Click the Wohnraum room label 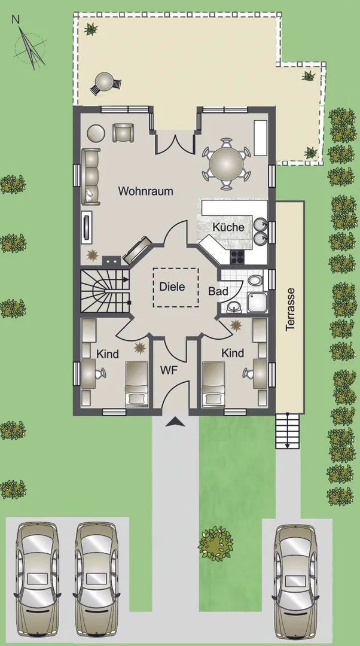point(145,191)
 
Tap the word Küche point(228,227)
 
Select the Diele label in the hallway point(172,287)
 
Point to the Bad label point(218,291)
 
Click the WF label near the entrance point(169,370)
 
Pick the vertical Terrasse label point(291,309)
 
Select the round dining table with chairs point(226,164)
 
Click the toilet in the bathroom point(255,280)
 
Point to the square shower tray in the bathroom point(257,303)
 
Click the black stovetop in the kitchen point(237,257)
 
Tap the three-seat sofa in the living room point(91,176)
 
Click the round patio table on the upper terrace point(105,82)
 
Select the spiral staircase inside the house point(105,291)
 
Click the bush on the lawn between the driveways point(215,543)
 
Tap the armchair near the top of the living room point(123,133)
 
